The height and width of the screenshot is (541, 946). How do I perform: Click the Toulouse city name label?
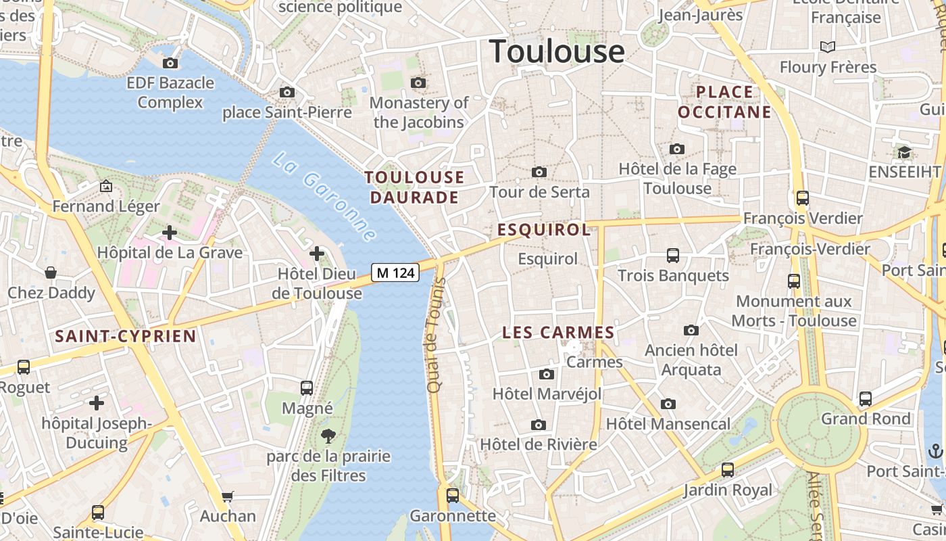(x=557, y=51)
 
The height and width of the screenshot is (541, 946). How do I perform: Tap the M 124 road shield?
(x=395, y=273)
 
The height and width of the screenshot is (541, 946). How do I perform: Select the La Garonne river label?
(x=324, y=197)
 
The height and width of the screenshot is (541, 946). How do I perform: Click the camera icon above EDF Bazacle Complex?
(x=170, y=63)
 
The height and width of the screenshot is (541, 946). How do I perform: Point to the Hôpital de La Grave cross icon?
(x=169, y=233)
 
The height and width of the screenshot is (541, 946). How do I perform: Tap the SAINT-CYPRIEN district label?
(x=126, y=336)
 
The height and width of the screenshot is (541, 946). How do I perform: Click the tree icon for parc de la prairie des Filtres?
(x=329, y=436)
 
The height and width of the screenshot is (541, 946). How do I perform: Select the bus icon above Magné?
(x=307, y=387)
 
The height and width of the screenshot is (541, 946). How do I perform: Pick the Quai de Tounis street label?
(x=433, y=345)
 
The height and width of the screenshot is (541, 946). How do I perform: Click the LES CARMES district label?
(x=558, y=333)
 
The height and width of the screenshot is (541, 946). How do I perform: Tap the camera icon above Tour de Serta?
(x=539, y=172)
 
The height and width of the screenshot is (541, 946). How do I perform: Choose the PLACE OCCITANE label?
(x=724, y=102)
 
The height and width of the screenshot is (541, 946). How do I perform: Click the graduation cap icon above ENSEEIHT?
(x=904, y=152)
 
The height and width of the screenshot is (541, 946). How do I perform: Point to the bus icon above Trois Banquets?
(x=673, y=255)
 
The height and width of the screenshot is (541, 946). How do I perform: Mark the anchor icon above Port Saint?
(x=935, y=450)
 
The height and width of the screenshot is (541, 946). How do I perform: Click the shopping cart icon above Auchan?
(x=228, y=496)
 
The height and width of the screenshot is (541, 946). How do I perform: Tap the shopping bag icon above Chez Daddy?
(x=51, y=273)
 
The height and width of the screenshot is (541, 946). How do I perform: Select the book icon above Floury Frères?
(x=828, y=47)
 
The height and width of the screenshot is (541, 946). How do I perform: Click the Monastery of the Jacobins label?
(x=419, y=112)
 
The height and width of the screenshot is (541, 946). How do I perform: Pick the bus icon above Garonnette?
(x=453, y=495)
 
